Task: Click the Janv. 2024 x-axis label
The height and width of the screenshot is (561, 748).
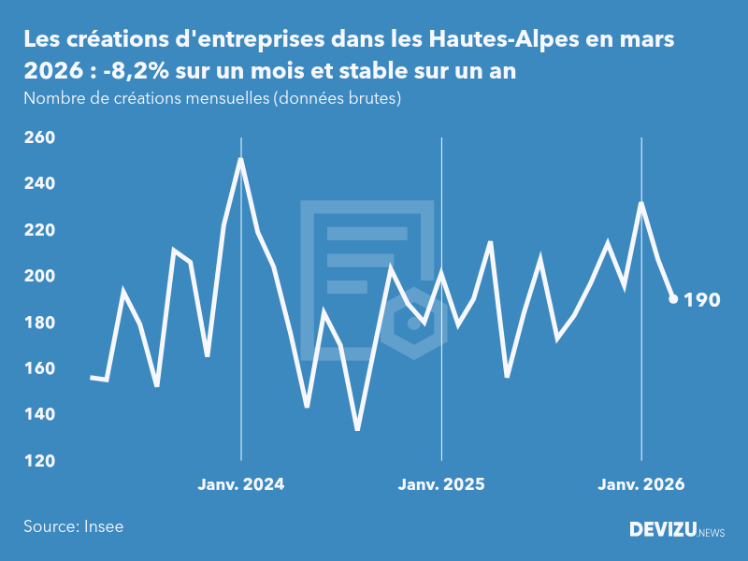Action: [241, 484]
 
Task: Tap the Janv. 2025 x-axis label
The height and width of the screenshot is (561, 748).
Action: [441, 484]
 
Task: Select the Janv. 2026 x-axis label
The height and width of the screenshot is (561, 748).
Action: [641, 484]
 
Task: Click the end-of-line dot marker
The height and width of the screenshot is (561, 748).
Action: [673, 299]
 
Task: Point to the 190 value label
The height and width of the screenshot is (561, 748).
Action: [702, 300]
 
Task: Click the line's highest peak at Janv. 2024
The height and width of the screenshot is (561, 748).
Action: [241, 160]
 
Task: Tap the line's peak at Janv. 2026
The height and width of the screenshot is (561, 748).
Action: [641, 203]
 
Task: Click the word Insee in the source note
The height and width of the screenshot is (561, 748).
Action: [103, 526]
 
